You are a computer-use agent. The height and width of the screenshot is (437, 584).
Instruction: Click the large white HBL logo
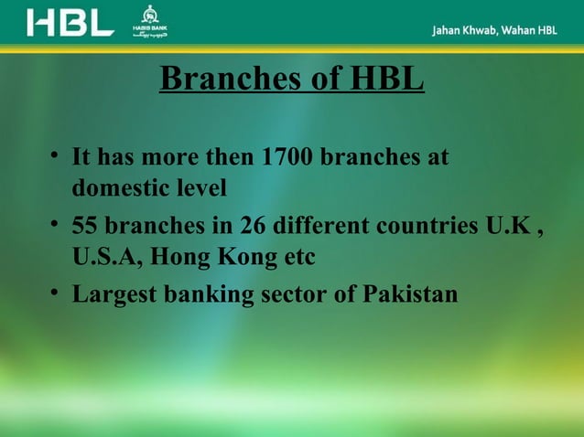(x=70, y=22)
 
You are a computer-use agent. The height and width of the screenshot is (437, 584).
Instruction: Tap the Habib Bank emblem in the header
(x=151, y=21)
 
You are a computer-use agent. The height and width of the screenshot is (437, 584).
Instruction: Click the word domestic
(x=114, y=189)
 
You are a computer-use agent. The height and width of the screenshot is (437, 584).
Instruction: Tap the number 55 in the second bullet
(x=85, y=226)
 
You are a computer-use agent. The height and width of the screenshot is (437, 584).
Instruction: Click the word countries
(x=431, y=226)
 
